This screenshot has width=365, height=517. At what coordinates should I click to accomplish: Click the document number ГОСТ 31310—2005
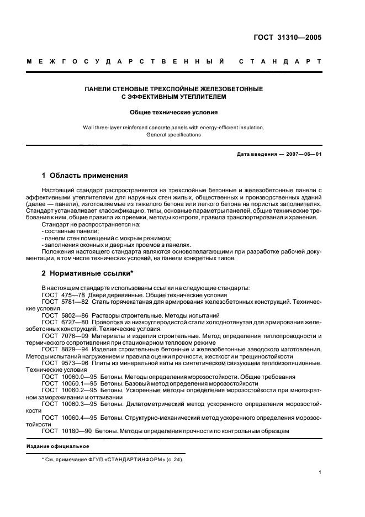(x=286, y=38)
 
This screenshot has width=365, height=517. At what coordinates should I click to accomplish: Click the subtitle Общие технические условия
(x=173, y=112)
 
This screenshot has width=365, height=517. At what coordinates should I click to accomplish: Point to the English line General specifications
(x=173, y=134)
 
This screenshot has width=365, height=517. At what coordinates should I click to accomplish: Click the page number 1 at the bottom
(x=320, y=473)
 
